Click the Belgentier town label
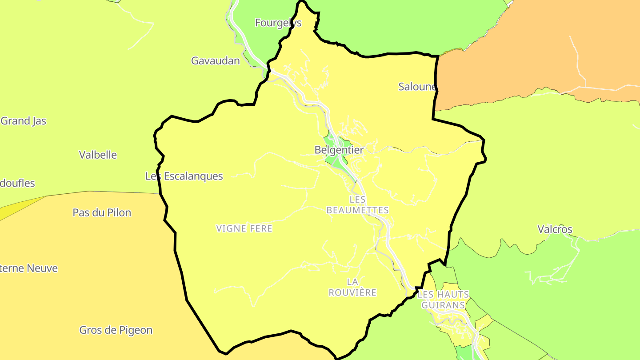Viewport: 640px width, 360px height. (x=339, y=150)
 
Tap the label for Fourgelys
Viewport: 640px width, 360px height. (x=278, y=23)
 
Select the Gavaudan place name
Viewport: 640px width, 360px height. (x=216, y=61)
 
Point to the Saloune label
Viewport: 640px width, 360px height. (x=417, y=87)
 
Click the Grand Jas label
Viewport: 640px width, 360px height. (x=24, y=121)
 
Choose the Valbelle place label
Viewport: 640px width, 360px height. (x=98, y=155)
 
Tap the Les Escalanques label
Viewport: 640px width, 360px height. (x=184, y=176)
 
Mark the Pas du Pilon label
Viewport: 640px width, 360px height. (x=102, y=213)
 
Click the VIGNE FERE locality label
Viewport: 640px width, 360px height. (x=244, y=229)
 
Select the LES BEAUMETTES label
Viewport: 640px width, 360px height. (x=357, y=205)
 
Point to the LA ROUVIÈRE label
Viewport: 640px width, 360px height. (x=352, y=287)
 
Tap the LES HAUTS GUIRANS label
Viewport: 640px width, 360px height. (x=443, y=300)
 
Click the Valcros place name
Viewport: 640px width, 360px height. (x=555, y=230)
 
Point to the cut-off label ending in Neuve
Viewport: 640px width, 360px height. (x=28, y=268)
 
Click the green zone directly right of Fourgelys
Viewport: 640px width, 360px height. (x=400, y=27)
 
